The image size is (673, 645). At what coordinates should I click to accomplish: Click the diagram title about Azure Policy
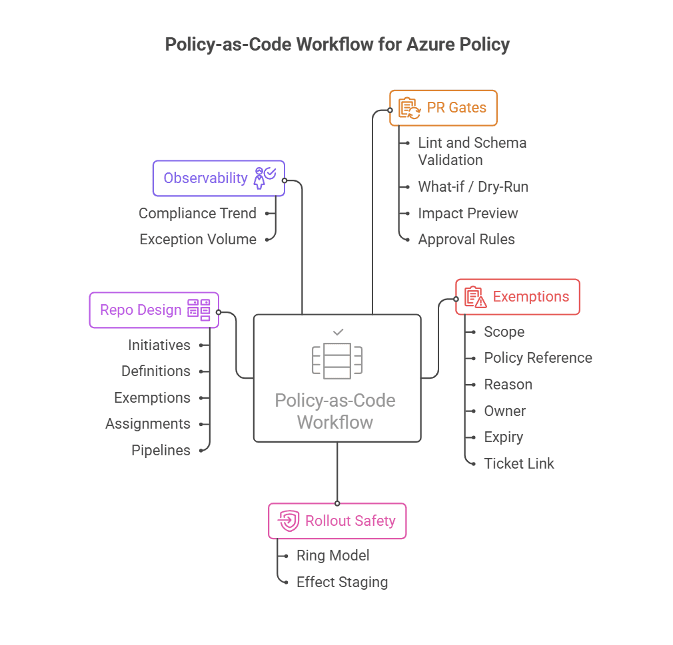click(336, 45)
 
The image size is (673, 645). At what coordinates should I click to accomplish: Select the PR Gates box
click(443, 108)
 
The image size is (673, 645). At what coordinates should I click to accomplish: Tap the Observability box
click(219, 178)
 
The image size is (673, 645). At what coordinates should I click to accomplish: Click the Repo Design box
click(154, 310)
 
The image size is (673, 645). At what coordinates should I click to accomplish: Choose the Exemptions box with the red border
click(517, 297)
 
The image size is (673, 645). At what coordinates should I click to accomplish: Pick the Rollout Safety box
click(336, 521)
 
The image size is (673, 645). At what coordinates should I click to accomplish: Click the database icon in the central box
click(337, 361)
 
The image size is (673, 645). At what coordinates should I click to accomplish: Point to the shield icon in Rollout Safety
click(288, 521)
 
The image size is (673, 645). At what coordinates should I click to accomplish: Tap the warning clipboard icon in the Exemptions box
click(476, 297)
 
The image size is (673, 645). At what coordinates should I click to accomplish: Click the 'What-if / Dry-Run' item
click(473, 187)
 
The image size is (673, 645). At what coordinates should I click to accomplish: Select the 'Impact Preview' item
click(468, 214)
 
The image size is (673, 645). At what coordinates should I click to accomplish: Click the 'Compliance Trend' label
click(197, 214)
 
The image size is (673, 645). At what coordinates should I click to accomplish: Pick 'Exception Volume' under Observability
click(198, 240)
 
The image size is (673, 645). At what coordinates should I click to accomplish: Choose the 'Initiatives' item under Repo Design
click(159, 345)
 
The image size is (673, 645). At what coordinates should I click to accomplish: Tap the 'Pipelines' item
click(161, 451)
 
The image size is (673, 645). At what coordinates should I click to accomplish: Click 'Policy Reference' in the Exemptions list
click(538, 358)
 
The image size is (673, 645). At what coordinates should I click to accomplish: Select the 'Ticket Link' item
click(519, 464)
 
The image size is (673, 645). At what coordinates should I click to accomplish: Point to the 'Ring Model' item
click(333, 556)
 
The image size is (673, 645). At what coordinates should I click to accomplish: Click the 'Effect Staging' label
click(342, 582)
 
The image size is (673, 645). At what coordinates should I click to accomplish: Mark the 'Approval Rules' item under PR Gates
click(466, 240)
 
